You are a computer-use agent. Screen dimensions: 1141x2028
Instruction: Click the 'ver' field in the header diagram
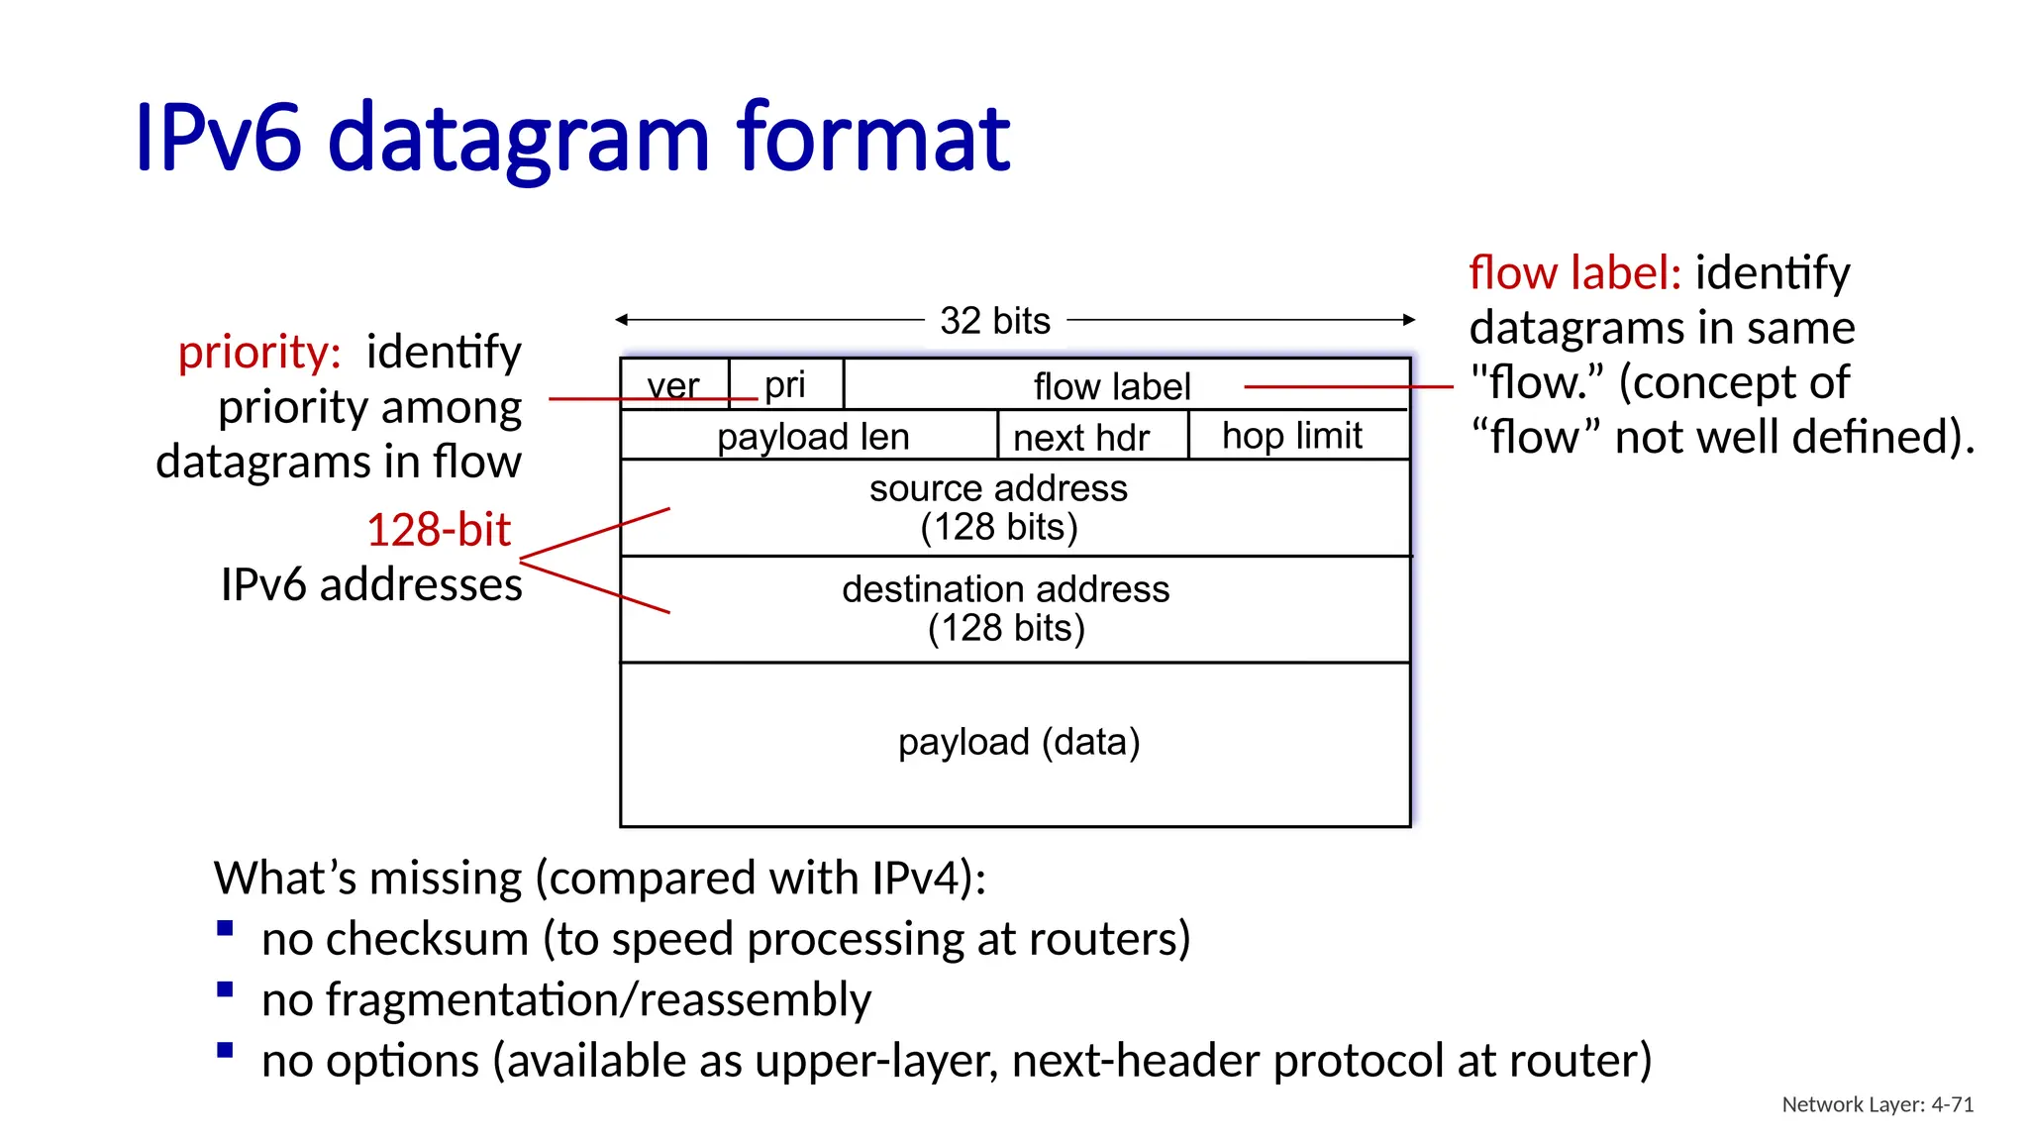(673, 385)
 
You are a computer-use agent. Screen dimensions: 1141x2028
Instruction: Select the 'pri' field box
(785, 384)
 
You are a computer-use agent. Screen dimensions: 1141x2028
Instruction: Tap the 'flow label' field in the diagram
(1111, 386)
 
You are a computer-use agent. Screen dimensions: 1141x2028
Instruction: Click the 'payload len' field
(812, 437)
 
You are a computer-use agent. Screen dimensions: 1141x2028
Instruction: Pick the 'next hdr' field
(1081, 438)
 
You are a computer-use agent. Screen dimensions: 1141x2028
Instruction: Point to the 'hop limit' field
(1291, 436)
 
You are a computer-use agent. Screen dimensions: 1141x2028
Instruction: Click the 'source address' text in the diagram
(998, 488)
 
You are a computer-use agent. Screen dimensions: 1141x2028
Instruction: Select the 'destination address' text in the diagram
(1005, 589)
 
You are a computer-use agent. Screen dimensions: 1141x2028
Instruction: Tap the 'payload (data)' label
(1019, 742)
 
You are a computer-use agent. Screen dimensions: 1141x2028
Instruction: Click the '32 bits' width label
(994, 321)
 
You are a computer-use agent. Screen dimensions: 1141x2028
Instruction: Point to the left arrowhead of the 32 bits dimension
(621, 319)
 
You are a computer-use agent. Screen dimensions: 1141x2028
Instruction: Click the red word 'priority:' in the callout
(259, 353)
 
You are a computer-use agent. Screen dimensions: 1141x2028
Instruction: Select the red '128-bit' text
(438, 530)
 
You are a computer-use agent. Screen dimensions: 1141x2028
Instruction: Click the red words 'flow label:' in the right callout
(1573, 272)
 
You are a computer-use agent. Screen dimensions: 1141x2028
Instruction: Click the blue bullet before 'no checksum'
(225, 928)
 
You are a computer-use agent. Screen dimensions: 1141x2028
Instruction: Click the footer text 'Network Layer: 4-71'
(1876, 1104)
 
